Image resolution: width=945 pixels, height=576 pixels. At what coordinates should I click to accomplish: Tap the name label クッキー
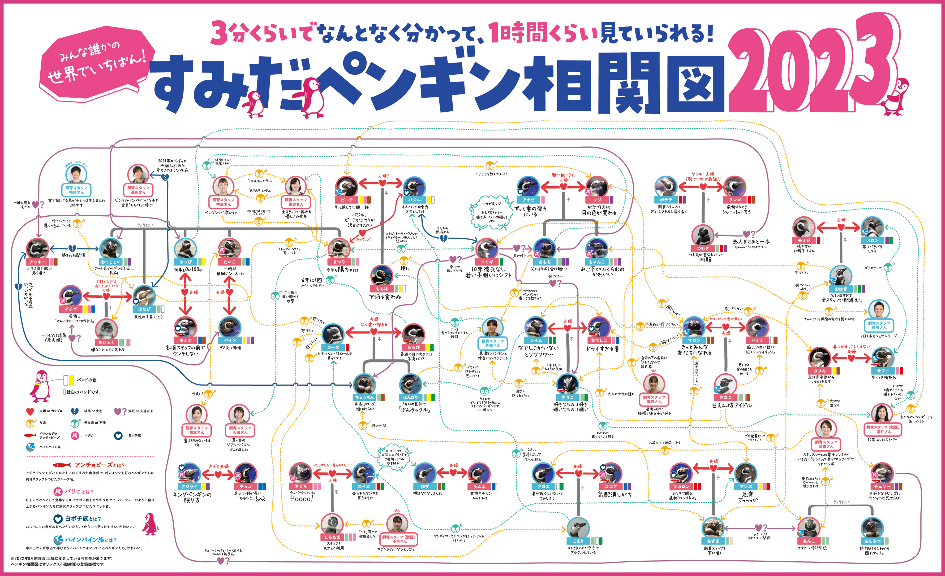[x=37, y=262]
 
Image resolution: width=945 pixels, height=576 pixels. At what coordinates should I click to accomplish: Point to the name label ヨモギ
[x=487, y=262]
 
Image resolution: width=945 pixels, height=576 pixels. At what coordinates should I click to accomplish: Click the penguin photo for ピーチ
[x=346, y=187]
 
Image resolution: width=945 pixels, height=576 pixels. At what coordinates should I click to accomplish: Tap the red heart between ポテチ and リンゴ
[x=703, y=187]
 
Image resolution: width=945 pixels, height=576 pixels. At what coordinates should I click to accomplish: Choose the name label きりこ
[x=568, y=397]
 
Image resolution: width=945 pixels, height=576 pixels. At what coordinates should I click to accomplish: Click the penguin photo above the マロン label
[x=694, y=327]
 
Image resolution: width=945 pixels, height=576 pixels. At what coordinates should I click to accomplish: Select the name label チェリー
[x=882, y=486]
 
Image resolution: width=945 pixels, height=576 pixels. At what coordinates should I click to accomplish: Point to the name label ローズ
[x=333, y=347]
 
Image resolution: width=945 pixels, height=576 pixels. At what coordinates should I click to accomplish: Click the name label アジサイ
[x=189, y=486]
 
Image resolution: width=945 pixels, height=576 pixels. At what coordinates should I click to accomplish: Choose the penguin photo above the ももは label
[x=382, y=275]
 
